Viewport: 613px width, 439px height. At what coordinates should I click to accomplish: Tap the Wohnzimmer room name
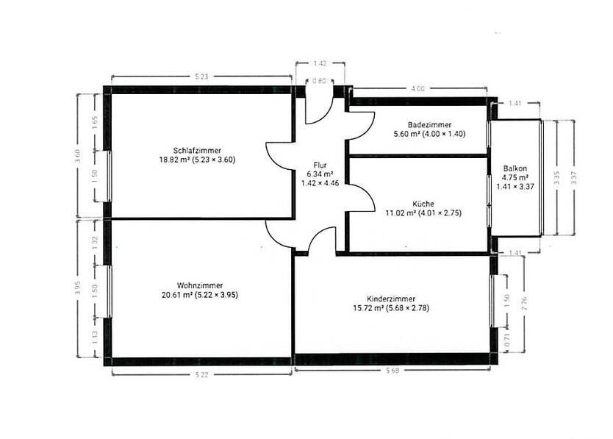(x=200, y=285)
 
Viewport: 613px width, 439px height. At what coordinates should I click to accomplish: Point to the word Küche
(x=423, y=204)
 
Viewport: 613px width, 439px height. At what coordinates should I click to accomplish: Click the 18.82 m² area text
(x=174, y=160)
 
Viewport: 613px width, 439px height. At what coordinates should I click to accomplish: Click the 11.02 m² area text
(x=401, y=213)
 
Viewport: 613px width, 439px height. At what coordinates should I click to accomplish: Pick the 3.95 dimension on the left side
(x=79, y=288)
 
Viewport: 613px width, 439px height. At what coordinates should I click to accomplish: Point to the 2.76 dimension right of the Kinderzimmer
(x=523, y=303)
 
